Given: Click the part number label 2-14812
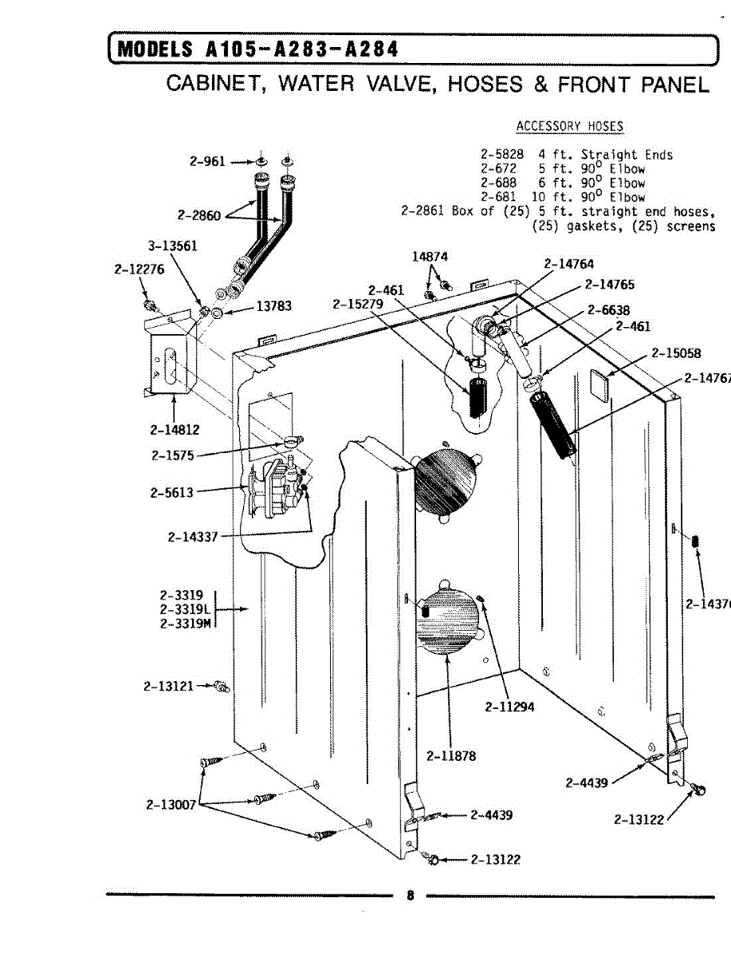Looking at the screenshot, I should point(174,430).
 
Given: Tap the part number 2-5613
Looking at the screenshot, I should point(171,492).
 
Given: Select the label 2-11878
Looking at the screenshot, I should point(451,755).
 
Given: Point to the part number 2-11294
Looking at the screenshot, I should point(509,707).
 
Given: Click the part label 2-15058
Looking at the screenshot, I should point(677,354).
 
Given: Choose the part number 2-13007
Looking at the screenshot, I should point(171,805).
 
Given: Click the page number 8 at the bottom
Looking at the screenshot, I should point(411,895).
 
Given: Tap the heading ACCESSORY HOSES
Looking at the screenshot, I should point(570,126).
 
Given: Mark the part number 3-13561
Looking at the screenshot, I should point(172,246).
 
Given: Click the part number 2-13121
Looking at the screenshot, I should point(168,685).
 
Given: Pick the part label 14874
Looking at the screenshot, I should point(430,257).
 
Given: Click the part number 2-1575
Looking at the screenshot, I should point(171,456).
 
